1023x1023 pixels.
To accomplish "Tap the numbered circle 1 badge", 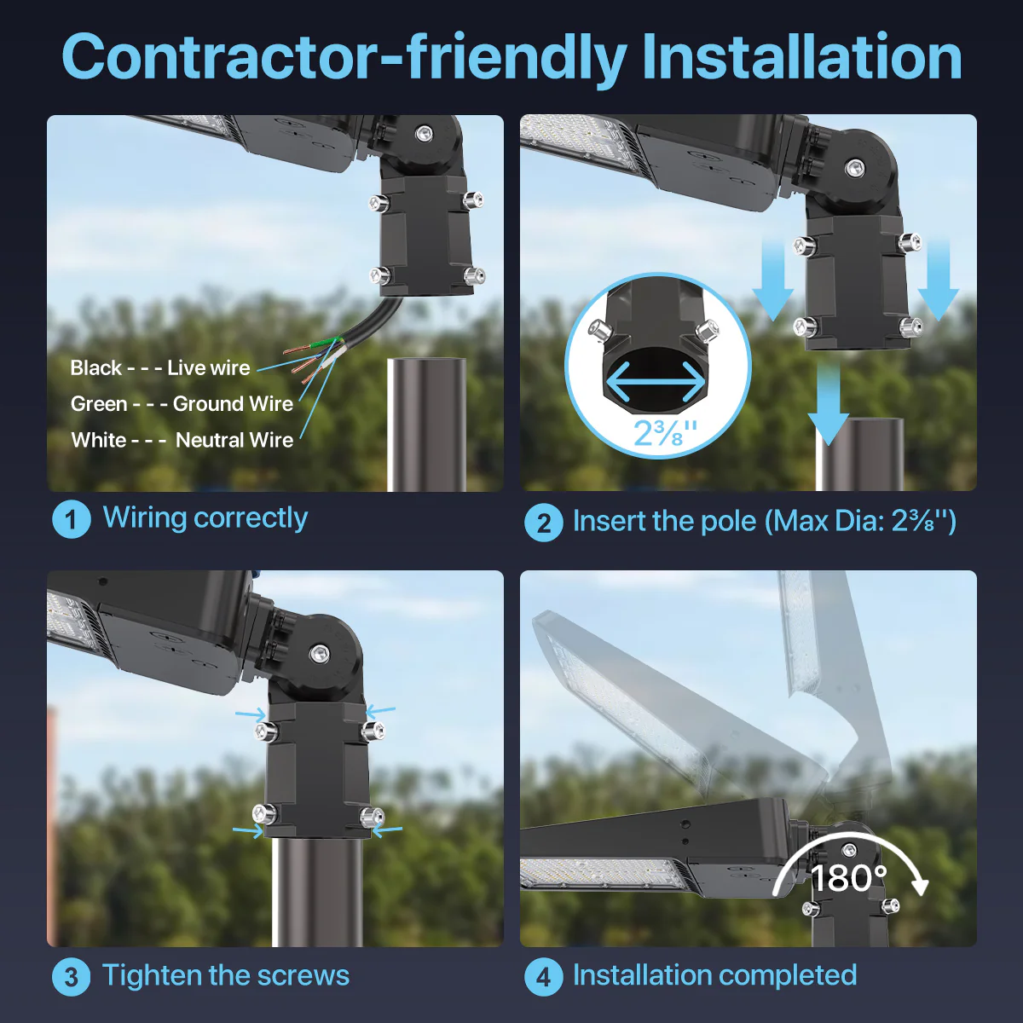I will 71,519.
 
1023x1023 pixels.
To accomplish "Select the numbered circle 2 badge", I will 544,522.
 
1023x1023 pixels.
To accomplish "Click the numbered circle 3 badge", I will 71,977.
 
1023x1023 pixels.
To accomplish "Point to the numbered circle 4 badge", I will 544,977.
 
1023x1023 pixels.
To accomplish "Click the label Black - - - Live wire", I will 160,368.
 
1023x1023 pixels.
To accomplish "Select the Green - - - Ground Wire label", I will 182,404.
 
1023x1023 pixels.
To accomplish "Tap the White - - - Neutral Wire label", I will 182,441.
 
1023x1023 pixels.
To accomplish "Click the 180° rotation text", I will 848,878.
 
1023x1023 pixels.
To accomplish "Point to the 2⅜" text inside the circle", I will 664,432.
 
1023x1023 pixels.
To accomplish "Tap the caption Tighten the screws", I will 226,975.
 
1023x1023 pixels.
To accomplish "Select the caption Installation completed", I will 714,975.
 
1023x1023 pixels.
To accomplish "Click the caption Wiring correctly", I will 205,517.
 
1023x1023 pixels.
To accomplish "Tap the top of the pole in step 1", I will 426,362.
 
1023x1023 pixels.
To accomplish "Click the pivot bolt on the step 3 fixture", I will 320,654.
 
